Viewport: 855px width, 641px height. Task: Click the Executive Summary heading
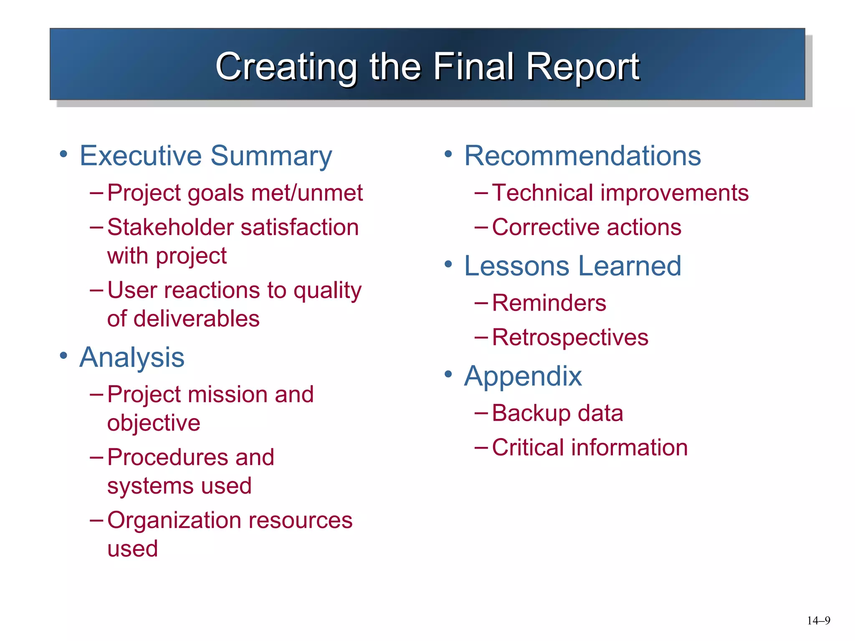click(x=205, y=156)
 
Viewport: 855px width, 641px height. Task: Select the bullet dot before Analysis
click(x=63, y=356)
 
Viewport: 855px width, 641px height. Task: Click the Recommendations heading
click(x=582, y=156)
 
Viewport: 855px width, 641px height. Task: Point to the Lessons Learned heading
click(x=572, y=266)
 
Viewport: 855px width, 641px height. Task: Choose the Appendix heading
click(x=523, y=376)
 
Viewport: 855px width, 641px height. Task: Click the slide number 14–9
click(x=818, y=621)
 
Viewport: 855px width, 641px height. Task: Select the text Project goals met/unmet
click(x=235, y=193)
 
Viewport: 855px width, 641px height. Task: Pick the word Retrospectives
click(x=570, y=337)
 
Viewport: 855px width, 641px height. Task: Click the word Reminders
click(x=549, y=303)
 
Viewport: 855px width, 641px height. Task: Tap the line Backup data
click(x=557, y=413)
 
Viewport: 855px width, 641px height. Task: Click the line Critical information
click(x=589, y=448)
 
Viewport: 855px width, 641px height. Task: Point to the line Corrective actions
click(x=587, y=227)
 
